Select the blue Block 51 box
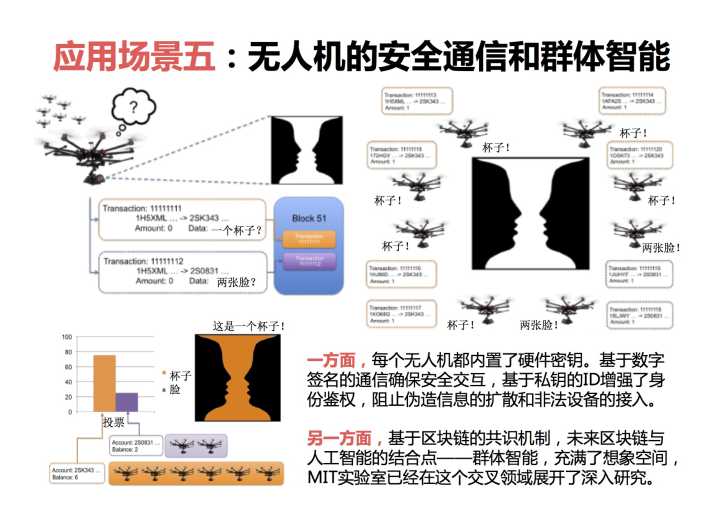tap(309, 245)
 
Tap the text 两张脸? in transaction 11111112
tap(236, 282)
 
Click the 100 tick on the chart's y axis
tap(67, 337)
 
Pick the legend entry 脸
tap(176, 389)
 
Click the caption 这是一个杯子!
tap(250, 326)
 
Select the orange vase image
tap(239, 379)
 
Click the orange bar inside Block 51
tap(309, 240)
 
